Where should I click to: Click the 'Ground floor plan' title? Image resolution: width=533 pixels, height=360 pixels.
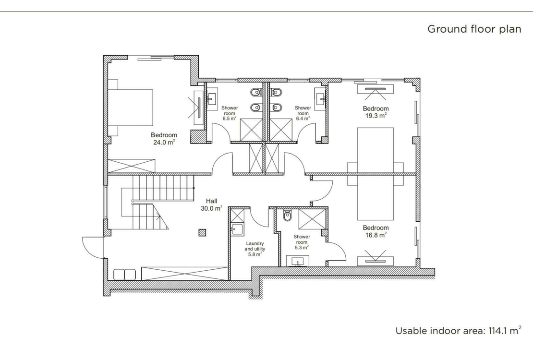(474, 29)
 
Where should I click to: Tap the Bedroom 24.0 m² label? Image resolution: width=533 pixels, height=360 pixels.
(164, 139)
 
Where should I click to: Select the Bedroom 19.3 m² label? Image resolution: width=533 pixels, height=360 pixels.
(376, 112)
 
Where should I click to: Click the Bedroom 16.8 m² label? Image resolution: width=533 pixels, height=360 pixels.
(376, 231)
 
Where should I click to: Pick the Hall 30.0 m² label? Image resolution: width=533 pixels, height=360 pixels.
(211, 204)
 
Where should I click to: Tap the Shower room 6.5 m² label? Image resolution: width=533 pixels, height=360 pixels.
(230, 113)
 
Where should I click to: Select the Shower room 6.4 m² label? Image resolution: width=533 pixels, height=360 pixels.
(303, 113)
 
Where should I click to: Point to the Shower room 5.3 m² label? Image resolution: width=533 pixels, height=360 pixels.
(302, 242)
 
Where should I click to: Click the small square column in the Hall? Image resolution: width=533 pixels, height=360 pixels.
(202, 233)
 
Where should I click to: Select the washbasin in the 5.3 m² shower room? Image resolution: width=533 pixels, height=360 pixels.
(298, 261)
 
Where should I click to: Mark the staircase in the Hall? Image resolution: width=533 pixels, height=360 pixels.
(144, 202)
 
